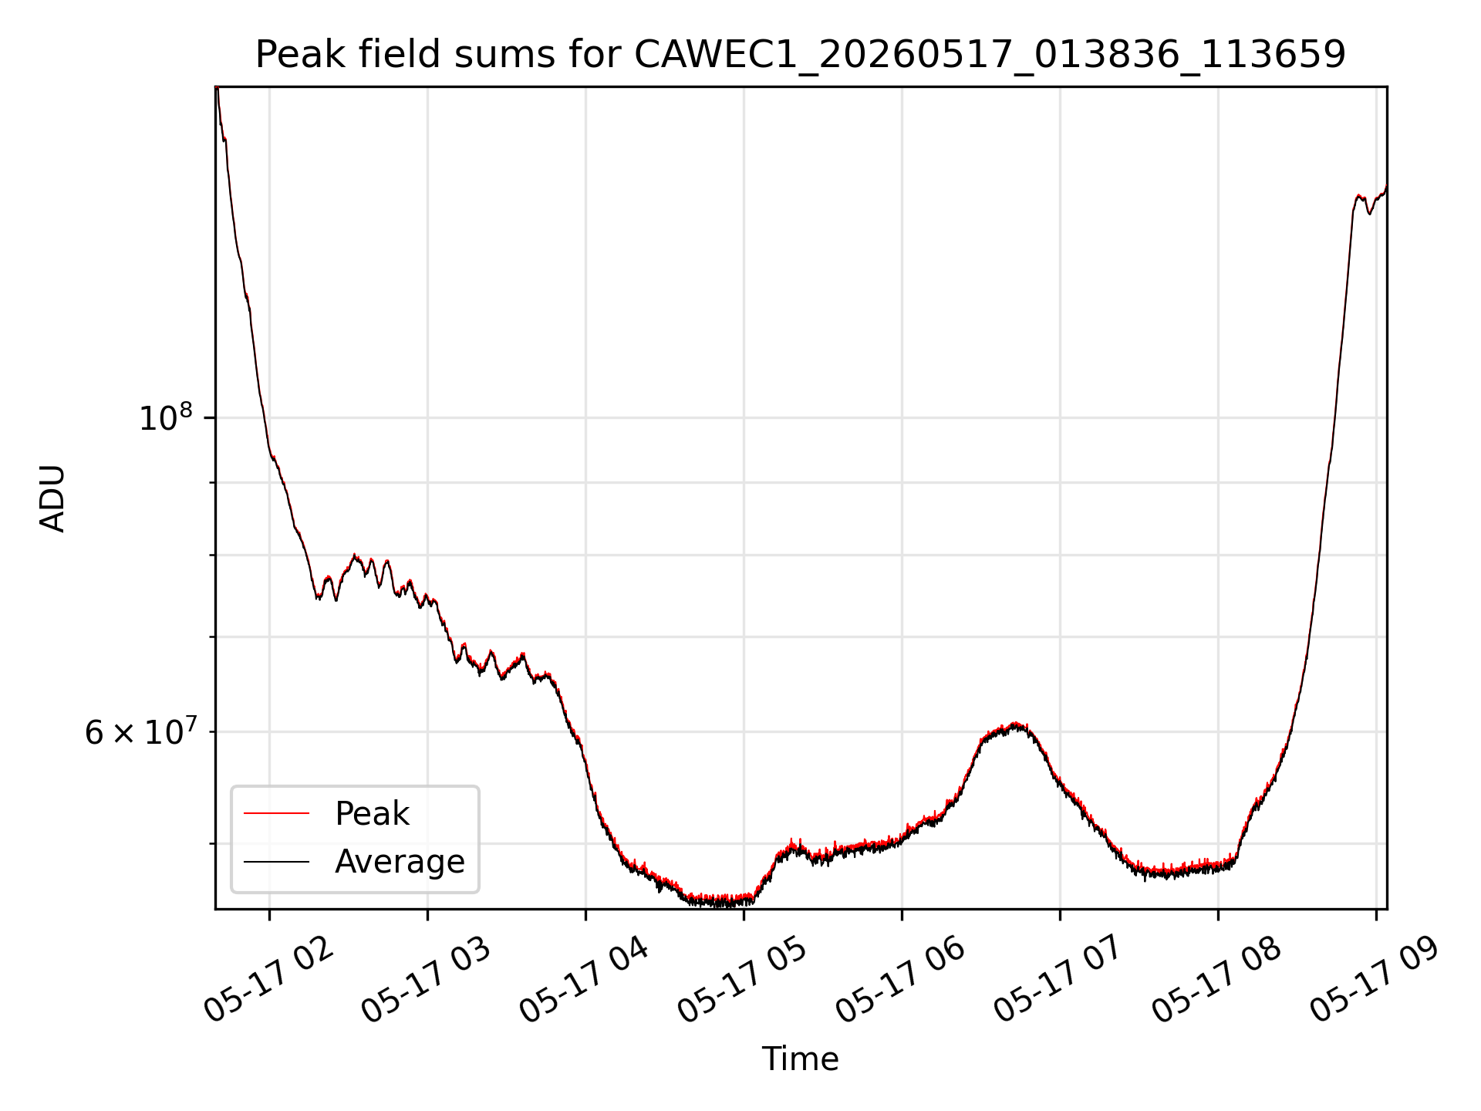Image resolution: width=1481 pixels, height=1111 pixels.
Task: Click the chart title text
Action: tap(801, 55)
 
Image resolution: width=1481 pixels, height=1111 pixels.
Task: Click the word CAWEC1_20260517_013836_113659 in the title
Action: tap(990, 56)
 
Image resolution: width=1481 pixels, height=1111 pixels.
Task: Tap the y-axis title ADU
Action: tap(52, 498)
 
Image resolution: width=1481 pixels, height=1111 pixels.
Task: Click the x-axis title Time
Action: tap(801, 1059)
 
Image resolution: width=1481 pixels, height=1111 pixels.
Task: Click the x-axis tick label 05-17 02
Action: tap(270, 980)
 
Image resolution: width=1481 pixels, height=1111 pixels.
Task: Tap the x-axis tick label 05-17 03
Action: tap(427, 980)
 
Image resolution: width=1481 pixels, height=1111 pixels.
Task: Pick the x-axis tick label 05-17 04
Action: tap(585, 980)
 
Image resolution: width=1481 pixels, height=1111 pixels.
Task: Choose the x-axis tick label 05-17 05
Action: tap(744, 980)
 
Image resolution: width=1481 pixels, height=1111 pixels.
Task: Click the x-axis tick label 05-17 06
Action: tap(902, 980)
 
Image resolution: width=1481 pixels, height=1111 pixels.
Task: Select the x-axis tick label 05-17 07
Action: tap(1060, 980)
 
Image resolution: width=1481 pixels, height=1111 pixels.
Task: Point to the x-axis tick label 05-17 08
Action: tap(1218, 980)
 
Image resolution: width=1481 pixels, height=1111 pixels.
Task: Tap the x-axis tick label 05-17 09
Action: tap(1376, 980)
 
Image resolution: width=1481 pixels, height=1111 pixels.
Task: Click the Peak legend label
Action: tap(372, 814)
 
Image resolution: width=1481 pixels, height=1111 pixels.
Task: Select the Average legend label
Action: tap(400, 862)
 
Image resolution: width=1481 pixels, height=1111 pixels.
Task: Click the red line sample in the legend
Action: tap(276, 813)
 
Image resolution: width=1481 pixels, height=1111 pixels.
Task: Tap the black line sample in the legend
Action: tap(276, 861)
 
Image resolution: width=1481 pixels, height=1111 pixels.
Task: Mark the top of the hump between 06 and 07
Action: tap(1015, 724)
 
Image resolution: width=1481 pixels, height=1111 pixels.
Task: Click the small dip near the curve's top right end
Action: tap(1370, 212)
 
